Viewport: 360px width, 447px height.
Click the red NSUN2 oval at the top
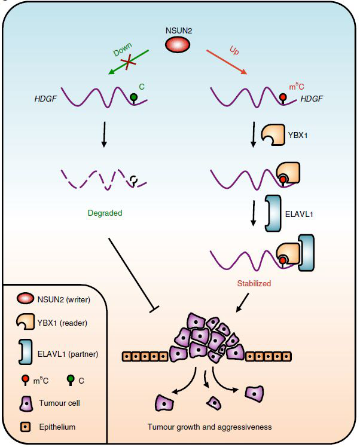tap(178, 44)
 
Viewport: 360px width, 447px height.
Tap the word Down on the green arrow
tap(123, 50)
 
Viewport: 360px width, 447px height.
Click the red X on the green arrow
tap(129, 62)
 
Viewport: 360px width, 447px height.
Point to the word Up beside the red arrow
tap(234, 50)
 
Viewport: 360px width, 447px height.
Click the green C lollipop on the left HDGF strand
tap(133, 98)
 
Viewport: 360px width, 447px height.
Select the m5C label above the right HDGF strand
tap(297, 86)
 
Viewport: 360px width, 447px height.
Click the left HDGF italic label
tap(45, 99)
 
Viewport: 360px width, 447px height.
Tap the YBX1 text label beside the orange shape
tap(298, 135)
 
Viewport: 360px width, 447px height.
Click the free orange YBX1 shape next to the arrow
tap(273, 134)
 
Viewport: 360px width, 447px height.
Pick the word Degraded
tap(105, 213)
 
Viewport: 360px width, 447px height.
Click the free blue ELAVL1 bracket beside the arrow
tap(273, 213)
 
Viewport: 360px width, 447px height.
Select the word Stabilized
tap(254, 283)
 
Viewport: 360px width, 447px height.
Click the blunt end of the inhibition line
tap(154, 309)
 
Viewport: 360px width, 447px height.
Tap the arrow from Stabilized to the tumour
tap(242, 302)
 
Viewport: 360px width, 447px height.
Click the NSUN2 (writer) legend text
tap(64, 299)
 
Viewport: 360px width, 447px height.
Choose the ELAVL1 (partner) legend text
tap(68, 354)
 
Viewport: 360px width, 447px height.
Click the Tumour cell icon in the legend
tap(26, 403)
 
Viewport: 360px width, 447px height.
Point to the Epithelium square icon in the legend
tap(25, 427)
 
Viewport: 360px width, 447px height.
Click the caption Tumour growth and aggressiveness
tap(210, 427)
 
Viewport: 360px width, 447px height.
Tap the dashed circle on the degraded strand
tap(133, 180)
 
